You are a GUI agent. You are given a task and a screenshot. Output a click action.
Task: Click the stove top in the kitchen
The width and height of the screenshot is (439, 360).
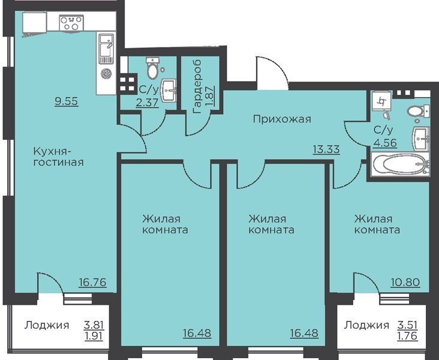pyautogui.click(x=71, y=23)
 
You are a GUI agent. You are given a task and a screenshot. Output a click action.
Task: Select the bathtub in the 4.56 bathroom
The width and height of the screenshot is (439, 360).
pyautogui.click(x=400, y=164)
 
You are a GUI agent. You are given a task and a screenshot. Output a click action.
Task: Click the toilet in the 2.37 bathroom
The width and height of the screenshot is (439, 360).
pyautogui.click(x=153, y=68)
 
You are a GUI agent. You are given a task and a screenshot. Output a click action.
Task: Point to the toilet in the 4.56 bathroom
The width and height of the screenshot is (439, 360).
pyautogui.click(x=418, y=112)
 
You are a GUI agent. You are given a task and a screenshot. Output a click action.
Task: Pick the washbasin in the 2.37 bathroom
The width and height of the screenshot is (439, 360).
pyautogui.click(x=169, y=90)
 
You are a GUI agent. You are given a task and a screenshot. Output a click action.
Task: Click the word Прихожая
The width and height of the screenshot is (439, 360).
pyautogui.click(x=282, y=119)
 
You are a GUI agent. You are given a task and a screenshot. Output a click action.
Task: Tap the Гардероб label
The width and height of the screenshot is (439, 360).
pyautogui.click(x=198, y=86)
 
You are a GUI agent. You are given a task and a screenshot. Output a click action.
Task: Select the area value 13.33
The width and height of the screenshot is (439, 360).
pyautogui.click(x=326, y=149)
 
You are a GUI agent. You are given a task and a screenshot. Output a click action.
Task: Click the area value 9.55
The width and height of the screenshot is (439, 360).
pyautogui.click(x=67, y=101)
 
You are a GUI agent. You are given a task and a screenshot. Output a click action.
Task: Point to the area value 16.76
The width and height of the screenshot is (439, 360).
pyautogui.click(x=93, y=282)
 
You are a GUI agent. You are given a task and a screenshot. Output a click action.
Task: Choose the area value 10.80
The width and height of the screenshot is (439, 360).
pyautogui.click(x=405, y=282)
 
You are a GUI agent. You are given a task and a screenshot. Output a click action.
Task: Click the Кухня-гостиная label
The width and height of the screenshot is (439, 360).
pyautogui.click(x=59, y=157)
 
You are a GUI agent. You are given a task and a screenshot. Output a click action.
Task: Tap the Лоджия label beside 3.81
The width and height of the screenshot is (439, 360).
pyautogui.click(x=46, y=325)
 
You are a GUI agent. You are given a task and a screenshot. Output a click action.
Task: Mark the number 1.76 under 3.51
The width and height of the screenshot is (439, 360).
pyautogui.click(x=408, y=335)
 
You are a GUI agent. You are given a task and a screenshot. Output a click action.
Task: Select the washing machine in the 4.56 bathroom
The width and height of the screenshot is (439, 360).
pyautogui.click(x=382, y=101)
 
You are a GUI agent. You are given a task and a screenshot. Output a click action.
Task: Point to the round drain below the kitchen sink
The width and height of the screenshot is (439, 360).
pyautogui.click(x=106, y=74)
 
